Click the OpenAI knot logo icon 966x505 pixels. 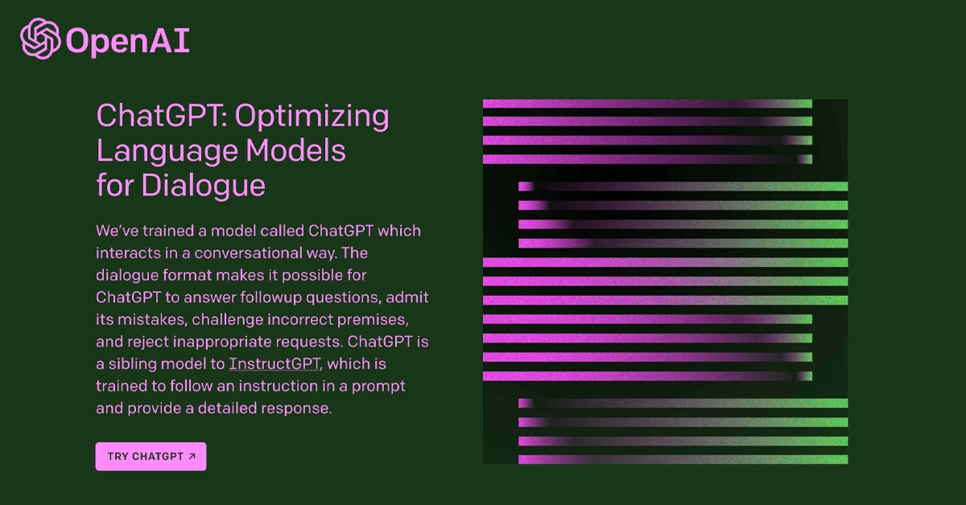(x=40, y=39)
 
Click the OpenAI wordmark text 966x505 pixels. (x=128, y=42)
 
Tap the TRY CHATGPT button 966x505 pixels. (x=151, y=456)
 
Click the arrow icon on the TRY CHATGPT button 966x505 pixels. (x=192, y=456)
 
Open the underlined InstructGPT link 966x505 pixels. (x=275, y=363)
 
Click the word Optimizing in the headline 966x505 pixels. (x=312, y=117)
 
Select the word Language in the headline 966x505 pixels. (x=167, y=151)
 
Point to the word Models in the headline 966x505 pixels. (x=295, y=151)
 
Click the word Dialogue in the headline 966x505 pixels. (x=203, y=186)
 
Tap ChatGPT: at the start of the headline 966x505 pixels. (x=162, y=116)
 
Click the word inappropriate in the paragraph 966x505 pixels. (x=222, y=342)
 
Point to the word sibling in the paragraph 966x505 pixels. (x=132, y=363)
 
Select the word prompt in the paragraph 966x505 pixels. (x=378, y=387)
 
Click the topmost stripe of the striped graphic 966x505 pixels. (x=647, y=104)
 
